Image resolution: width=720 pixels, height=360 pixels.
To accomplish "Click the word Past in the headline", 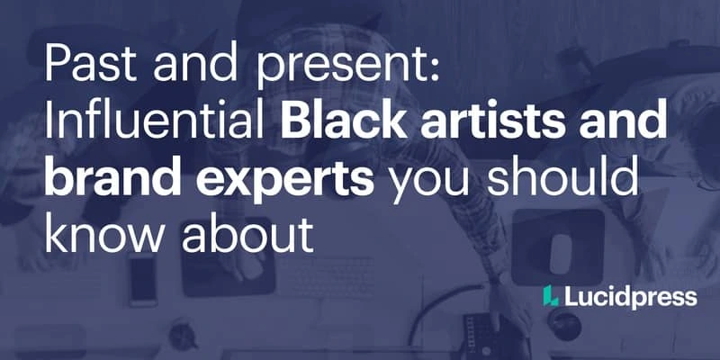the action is coord(91,64).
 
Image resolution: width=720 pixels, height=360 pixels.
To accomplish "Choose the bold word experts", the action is coord(284,180).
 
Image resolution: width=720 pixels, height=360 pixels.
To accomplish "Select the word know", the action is coord(106,231).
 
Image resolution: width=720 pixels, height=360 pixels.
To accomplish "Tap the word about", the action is coord(247,231).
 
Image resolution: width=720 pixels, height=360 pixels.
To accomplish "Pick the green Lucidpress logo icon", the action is coord(550,295).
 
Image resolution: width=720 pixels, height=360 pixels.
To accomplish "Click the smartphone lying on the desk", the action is coord(143,281).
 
